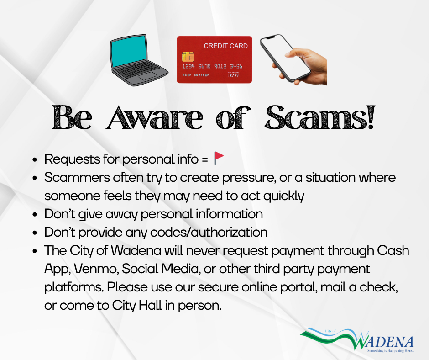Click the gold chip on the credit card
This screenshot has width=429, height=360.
click(187, 56)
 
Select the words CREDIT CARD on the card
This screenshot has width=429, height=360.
click(225, 46)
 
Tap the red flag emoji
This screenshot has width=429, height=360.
click(219, 159)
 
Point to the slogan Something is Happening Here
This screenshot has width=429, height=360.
click(390, 351)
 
